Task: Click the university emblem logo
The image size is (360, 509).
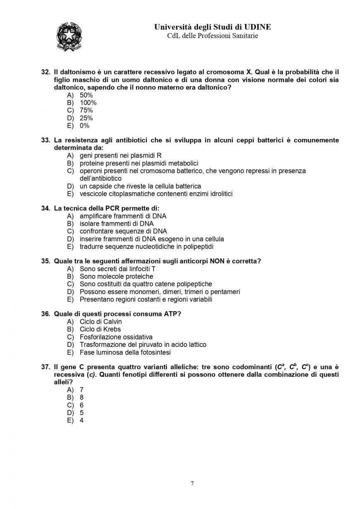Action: pos(69,37)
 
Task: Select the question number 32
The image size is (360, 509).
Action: pos(46,72)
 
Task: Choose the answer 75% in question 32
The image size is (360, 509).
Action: pos(86,110)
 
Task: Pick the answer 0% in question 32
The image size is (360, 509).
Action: pos(84,126)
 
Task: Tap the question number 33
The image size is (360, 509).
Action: pos(46,141)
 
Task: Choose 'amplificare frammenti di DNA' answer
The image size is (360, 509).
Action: pos(123,216)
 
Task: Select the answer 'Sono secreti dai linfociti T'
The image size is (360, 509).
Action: pos(118,269)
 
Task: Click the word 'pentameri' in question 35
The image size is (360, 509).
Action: pos(226,292)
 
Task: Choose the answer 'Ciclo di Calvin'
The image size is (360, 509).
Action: pos(101,322)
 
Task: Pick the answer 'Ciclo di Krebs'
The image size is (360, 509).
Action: pos(100,330)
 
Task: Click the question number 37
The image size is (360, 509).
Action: pos(46,367)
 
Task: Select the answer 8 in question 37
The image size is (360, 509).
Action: pos(82,397)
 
